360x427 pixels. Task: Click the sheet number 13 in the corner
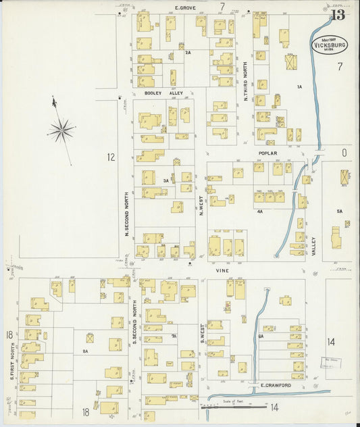pyautogui.click(x=338, y=16)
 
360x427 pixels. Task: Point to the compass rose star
pyautogui.click(x=61, y=128)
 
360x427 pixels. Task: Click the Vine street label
pyautogui.click(x=223, y=270)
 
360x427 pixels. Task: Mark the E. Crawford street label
pyautogui.click(x=275, y=386)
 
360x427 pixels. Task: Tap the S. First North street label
pyautogui.click(x=12, y=361)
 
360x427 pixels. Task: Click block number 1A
pyautogui.click(x=299, y=87)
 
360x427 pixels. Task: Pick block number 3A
pyautogui.click(x=165, y=180)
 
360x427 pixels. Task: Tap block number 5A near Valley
pyautogui.click(x=340, y=211)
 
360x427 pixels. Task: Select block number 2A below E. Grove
pyautogui.click(x=188, y=52)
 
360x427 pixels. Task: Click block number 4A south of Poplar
pyautogui.click(x=259, y=211)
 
